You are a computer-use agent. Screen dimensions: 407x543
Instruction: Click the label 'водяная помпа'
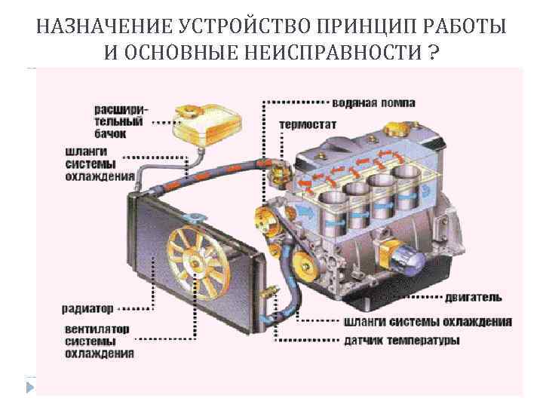click(x=374, y=102)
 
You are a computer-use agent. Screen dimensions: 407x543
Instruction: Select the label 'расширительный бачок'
click(x=121, y=121)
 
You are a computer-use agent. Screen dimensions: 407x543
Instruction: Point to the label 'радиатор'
click(x=87, y=309)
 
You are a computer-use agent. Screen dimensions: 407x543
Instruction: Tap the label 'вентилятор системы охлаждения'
click(x=97, y=341)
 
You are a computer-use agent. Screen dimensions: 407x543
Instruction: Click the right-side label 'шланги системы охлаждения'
click(x=427, y=322)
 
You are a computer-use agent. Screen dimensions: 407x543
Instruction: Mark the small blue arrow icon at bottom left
click(x=30, y=387)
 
